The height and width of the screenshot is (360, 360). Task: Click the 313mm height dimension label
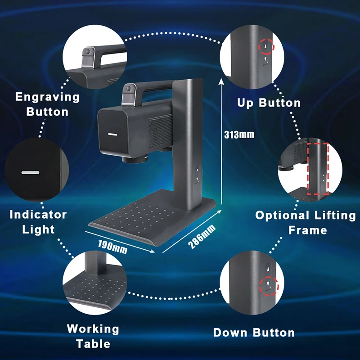pyautogui.click(x=239, y=134)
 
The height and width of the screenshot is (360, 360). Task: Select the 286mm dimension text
pyautogui.click(x=202, y=237)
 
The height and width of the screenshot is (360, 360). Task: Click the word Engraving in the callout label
pyautogui.click(x=47, y=97)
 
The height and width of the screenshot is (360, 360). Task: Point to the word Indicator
pyautogui.click(x=38, y=215)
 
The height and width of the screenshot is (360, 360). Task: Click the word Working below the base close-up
pyautogui.click(x=93, y=329)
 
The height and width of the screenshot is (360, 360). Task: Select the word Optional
pyautogui.click(x=283, y=216)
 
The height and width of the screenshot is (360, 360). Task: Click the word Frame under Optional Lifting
pyautogui.click(x=308, y=230)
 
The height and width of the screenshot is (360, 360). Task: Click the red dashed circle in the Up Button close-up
pyautogui.click(x=265, y=46)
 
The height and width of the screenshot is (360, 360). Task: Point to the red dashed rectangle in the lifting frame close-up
pyautogui.click(x=318, y=169)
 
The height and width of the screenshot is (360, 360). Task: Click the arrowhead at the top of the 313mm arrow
pyautogui.click(x=221, y=80)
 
